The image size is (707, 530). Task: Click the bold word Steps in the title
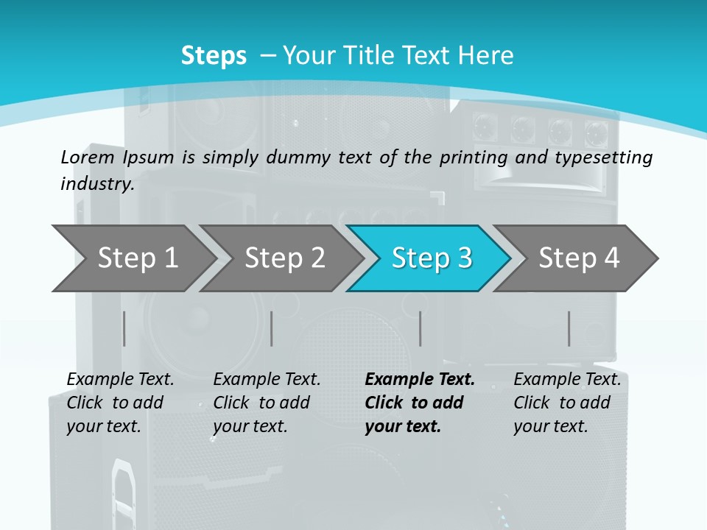[214, 56]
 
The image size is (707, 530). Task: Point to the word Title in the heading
[373, 56]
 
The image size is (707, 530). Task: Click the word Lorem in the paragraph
[88, 157]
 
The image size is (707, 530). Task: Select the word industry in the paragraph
[96, 184]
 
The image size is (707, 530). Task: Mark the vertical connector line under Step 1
[124, 328]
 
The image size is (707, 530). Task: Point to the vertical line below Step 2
[272, 328]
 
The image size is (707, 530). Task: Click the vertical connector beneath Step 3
[421, 328]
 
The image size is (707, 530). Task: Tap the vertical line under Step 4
[569, 328]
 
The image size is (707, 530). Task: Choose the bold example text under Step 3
[419, 403]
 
